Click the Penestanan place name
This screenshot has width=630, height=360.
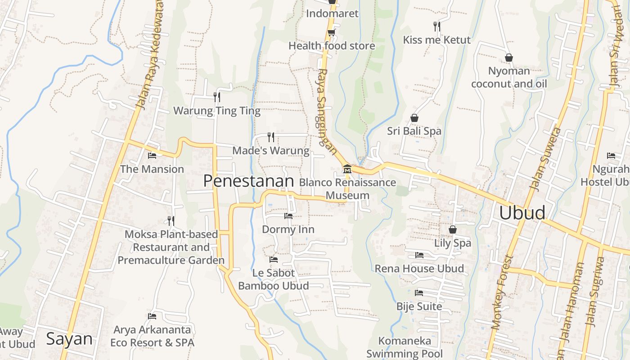click(248, 181)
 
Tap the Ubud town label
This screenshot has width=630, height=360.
click(522, 212)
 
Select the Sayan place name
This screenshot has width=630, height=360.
click(69, 338)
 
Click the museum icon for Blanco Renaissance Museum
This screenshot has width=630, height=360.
click(347, 169)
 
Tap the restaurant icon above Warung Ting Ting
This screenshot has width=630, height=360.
click(217, 97)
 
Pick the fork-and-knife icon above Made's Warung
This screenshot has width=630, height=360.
click(271, 137)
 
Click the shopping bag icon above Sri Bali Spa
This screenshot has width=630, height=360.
click(414, 118)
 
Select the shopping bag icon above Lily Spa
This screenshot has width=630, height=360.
click(453, 229)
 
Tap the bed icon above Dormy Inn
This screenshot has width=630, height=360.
click(288, 216)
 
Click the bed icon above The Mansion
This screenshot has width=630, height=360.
click(152, 156)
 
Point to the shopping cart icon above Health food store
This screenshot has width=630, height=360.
click(332, 32)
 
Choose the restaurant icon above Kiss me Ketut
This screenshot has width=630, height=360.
click(436, 26)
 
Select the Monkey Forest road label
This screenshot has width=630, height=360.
click(503, 292)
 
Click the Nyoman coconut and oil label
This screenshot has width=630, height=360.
click(509, 77)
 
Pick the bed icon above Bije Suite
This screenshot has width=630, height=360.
click(419, 293)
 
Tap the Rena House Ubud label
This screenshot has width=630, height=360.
click(419, 269)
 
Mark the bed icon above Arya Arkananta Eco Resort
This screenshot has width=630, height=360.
click(152, 316)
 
